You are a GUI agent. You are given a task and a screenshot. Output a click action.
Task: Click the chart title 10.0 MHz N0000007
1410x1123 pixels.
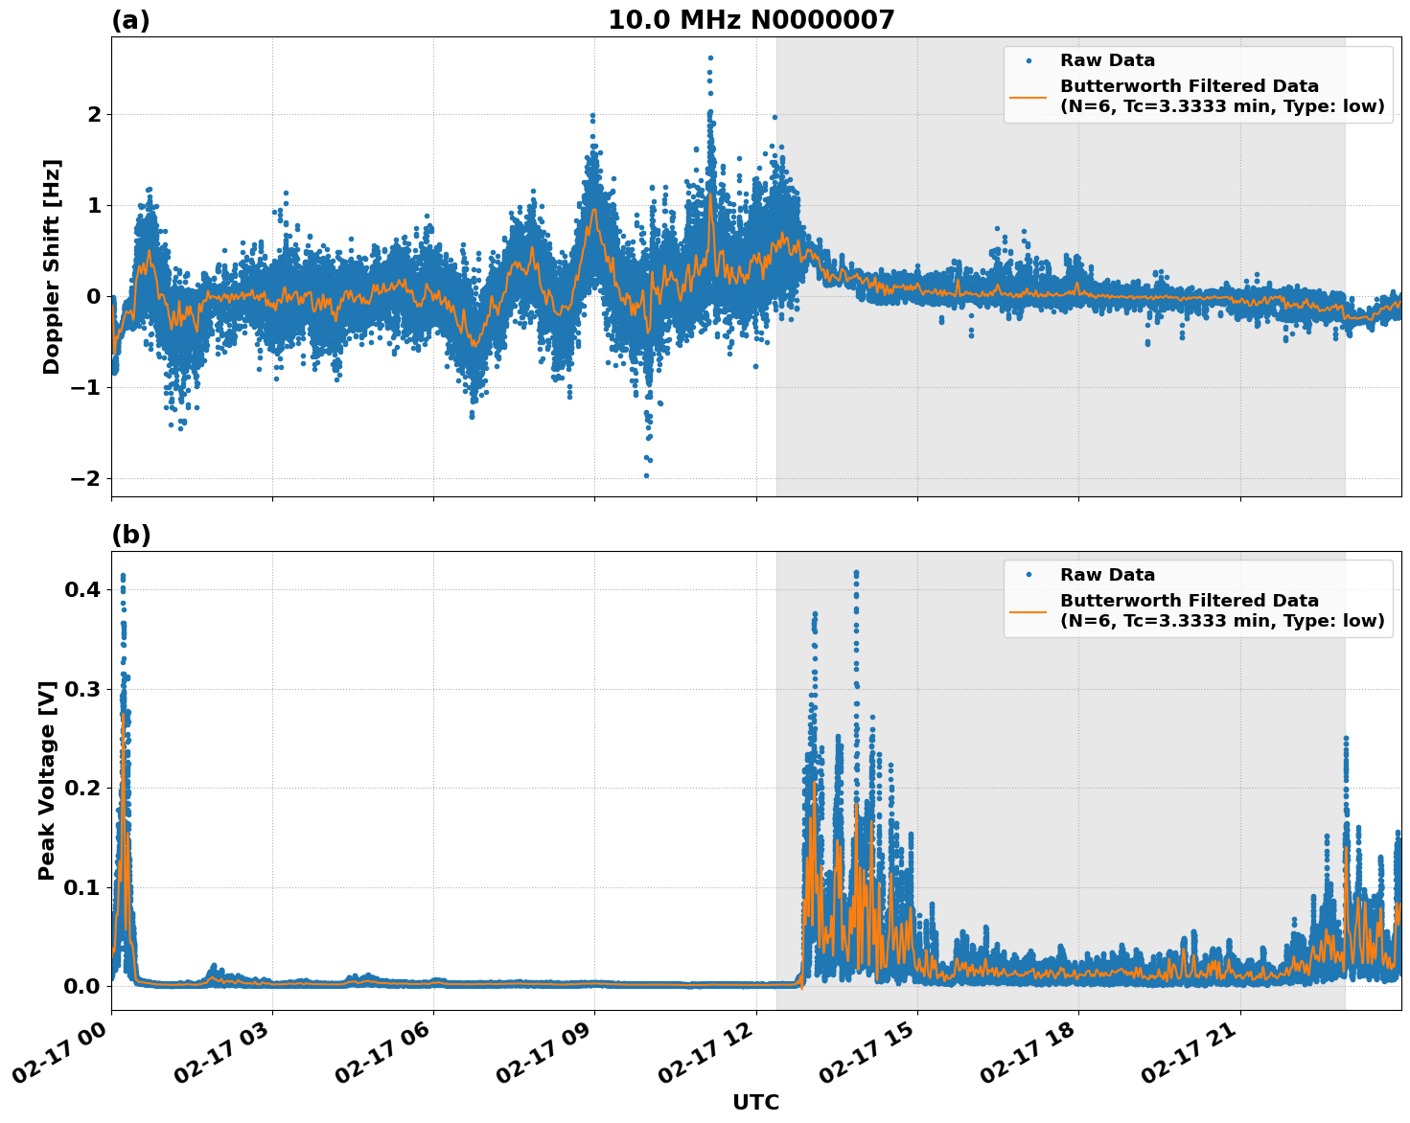click(x=751, y=20)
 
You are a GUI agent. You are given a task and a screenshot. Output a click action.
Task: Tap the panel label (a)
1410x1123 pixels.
click(x=130, y=20)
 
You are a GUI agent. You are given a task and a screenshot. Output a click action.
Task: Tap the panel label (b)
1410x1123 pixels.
click(x=130, y=535)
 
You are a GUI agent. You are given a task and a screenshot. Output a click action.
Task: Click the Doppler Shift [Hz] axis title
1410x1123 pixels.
click(x=51, y=266)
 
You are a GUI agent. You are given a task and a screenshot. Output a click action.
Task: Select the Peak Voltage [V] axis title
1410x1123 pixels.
click(x=47, y=780)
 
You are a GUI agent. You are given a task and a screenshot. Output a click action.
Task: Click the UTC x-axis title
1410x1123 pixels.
click(x=755, y=1102)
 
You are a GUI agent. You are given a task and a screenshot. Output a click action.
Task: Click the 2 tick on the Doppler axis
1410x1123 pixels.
click(x=94, y=114)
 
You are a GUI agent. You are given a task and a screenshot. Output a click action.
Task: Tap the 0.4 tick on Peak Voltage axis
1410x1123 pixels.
click(x=81, y=589)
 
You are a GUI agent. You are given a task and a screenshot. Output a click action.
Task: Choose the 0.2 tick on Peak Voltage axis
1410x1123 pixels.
click(x=81, y=788)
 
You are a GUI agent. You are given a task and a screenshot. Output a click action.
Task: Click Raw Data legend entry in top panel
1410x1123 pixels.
click(x=1107, y=61)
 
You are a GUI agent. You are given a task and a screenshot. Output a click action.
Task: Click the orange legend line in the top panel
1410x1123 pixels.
click(x=1028, y=97)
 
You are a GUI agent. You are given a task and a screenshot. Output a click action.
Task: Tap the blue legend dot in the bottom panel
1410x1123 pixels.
click(x=1029, y=575)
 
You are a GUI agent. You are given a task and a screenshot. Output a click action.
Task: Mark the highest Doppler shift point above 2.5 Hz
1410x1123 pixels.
click(x=710, y=57)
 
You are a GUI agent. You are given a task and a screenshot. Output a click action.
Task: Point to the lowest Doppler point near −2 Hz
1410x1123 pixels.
click(x=646, y=475)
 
